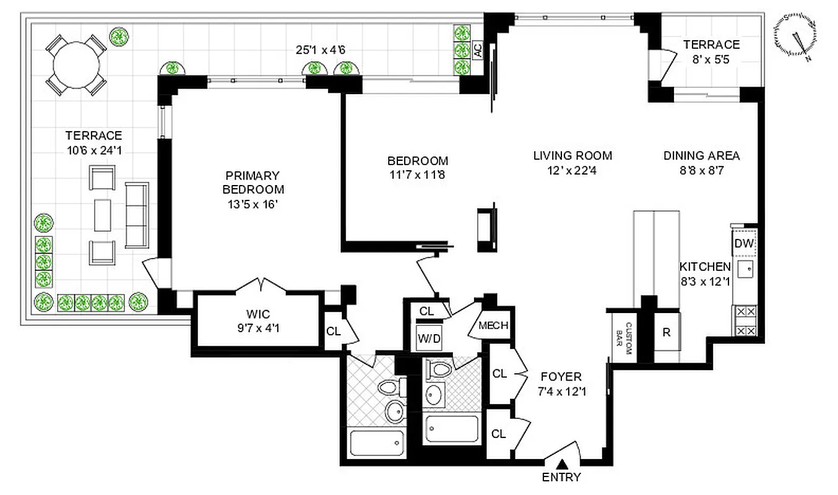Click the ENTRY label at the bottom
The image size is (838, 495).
point(561,477)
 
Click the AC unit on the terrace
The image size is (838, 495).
point(477,50)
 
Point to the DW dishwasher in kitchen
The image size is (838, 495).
point(744,243)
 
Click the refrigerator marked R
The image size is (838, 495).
point(667,332)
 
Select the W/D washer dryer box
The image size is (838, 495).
point(430,338)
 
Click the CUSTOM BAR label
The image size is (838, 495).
point(623,338)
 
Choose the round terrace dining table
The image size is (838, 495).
point(77,64)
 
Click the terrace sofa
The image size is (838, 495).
point(137,215)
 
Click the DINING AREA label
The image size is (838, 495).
point(701,156)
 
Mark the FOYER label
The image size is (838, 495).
point(561,377)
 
